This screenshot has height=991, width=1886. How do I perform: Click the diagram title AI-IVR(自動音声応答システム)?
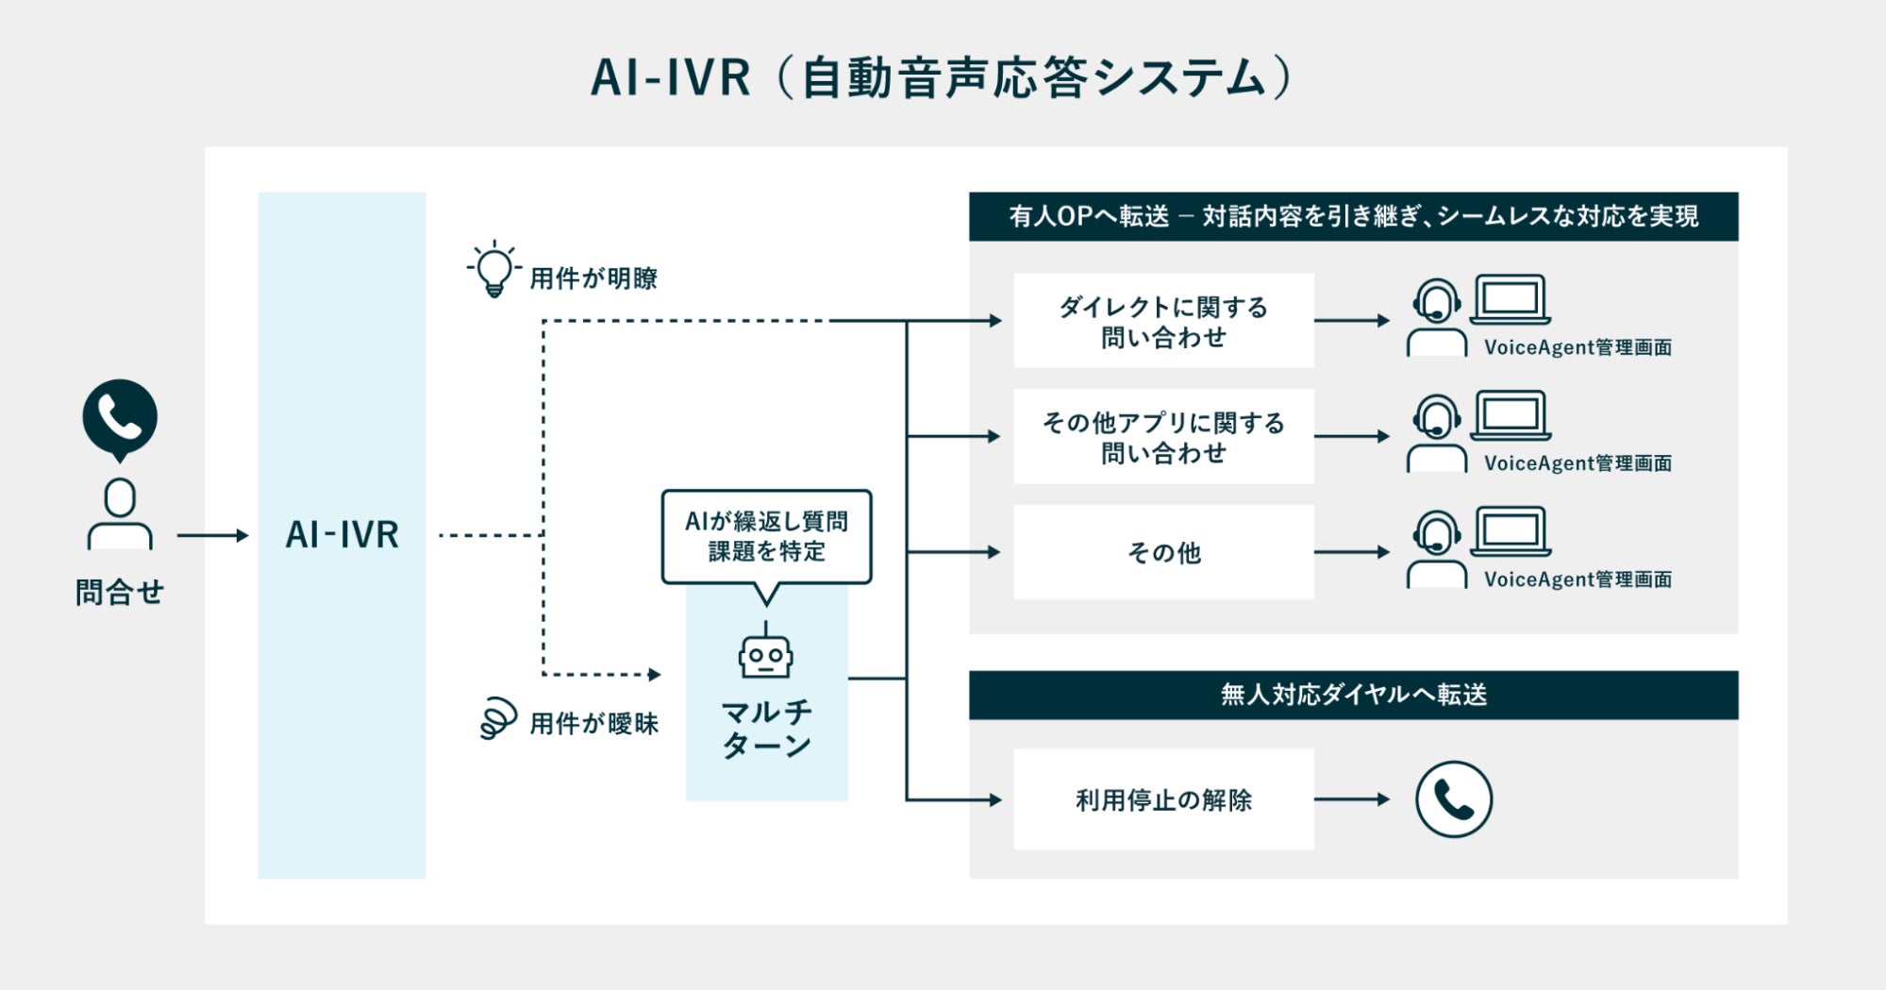coord(942,77)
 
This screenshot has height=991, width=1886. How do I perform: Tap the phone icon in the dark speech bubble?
coord(120,417)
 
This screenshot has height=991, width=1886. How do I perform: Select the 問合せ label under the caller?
coord(120,593)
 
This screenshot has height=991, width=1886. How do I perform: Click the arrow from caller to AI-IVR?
coord(212,535)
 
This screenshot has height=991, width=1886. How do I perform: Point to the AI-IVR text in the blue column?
coord(342,535)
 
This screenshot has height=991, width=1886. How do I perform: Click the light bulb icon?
coord(493,270)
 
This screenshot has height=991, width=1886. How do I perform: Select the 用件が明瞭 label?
coord(593,278)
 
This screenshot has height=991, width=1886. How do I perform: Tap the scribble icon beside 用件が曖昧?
coord(498,719)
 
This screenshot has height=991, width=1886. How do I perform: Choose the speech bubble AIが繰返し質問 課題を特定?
coord(766,536)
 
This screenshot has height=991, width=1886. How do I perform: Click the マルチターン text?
coord(766,728)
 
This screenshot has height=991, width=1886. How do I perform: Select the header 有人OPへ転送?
coord(1353,216)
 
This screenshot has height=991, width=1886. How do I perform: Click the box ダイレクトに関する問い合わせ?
coord(1163,321)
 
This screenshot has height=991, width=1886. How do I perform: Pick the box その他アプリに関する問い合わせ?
coord(1163,437)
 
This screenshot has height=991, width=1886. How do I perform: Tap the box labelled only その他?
coord(1163,552)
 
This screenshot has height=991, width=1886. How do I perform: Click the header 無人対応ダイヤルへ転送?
coord(1353,695)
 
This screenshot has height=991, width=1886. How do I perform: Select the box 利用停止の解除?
coord(1163,799)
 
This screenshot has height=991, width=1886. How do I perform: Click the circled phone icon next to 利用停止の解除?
coord(1453,799)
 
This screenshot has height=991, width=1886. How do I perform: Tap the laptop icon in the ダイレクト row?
coord(1510,299)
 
